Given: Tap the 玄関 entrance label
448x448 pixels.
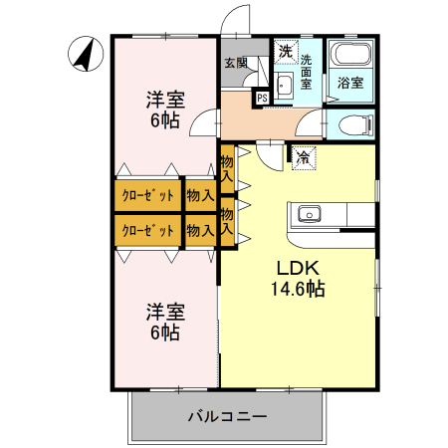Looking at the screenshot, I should pyautogui.click(x=235, y=64).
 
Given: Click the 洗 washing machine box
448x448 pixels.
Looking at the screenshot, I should pyautogui.click(x=286, y=51).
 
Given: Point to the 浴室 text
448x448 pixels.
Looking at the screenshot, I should pyautogui.click(x=349, y=83).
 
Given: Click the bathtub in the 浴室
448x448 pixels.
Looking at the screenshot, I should pyautogui.click(x=349, y=55).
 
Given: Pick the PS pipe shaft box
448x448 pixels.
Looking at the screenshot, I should pyautogui.click(x=262, y=98).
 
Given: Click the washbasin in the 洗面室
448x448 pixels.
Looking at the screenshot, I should pyautogui.click(x=283, y=84).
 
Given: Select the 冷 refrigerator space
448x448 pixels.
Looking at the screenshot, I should pyautogui.click(x=302, y=155).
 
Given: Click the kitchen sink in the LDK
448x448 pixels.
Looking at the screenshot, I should pyautogui.click(x=307, y=213).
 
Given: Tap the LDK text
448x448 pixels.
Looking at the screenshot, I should pyautogui.click(x=296, y=268).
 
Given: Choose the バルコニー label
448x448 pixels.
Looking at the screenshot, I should pyautogui.click(x=227, y=416).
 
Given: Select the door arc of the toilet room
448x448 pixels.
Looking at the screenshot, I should pyautogui.click(x=314, y=124).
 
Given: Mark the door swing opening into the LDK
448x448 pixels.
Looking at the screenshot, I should pyautogui.click(x=267, y=153).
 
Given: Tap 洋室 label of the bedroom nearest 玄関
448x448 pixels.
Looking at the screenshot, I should pyautogui.click(x=165, y=99).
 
